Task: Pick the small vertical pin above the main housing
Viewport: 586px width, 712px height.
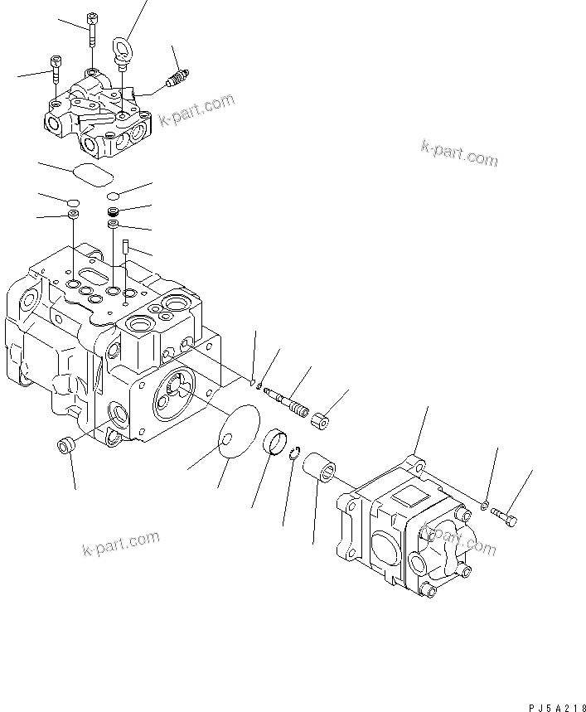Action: click(123, 246)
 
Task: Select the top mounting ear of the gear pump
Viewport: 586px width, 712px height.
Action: click(415, 463)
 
